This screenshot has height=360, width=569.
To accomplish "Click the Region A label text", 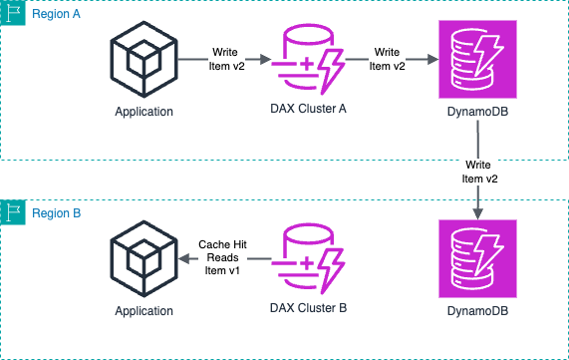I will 57,17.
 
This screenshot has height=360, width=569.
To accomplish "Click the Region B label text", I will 57,213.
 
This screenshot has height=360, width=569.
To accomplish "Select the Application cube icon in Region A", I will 144,59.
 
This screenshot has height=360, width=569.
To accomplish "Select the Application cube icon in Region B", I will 144,258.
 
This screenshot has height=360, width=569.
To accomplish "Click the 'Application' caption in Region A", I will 144,111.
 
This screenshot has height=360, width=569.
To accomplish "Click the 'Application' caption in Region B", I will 144,310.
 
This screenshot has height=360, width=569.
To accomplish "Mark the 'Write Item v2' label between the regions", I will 479,171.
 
